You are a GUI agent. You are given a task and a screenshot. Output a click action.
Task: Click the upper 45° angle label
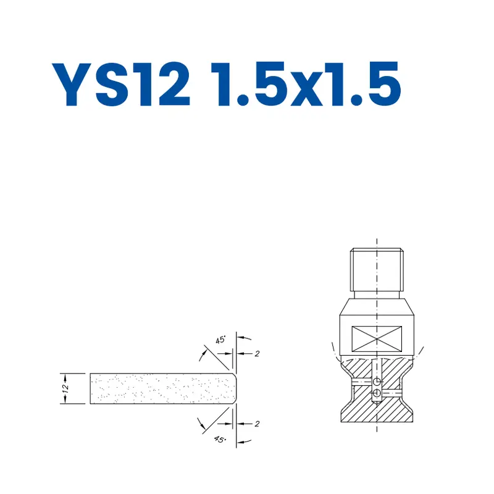tap(220, 340)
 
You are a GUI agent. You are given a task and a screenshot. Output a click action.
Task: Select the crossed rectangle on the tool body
tap(377, 340)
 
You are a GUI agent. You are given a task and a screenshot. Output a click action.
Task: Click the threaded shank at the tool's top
tap(377, 269)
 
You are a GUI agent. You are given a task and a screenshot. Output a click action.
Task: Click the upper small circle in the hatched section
tap(376, 382)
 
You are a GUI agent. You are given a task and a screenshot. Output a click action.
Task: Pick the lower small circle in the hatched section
tap(376, 393)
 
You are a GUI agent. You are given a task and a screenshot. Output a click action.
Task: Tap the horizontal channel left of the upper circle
tap(361, 382)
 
